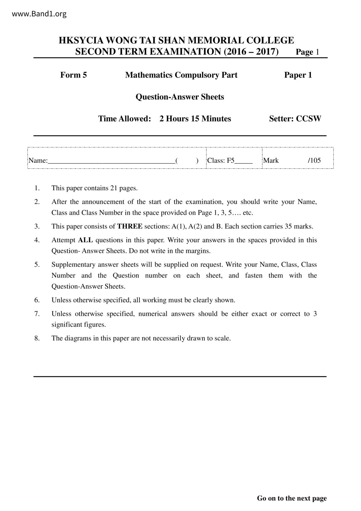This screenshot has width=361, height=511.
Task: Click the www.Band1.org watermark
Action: [x=39, y=14]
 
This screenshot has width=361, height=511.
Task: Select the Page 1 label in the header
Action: [x=307, y=52]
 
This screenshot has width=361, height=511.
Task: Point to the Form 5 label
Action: [x=73, y=75]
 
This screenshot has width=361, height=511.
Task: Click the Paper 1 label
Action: [x=298, y=75]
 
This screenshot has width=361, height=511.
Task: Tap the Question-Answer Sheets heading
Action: [x=180, y=97]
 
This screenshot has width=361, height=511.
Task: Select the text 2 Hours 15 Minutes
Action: [x=195, y=119]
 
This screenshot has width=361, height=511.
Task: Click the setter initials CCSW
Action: [x=308, y=119]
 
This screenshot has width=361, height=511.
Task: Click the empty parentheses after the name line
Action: [x=187, y=161]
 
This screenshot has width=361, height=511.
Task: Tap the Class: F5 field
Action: [x=229, y=161]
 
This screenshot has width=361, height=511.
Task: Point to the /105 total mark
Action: [x=314, y=161]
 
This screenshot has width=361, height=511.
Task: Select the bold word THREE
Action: [x=130, y=226]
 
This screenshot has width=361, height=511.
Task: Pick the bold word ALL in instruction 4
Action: [x=85, y=240]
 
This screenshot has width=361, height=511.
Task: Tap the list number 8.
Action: [x=37, y=338]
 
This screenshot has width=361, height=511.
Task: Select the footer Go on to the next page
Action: [x=292, y=498]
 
